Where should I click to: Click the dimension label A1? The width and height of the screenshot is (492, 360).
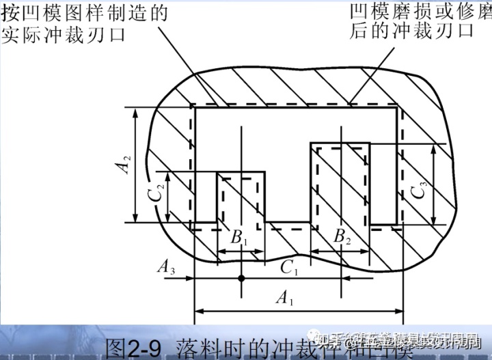(x=282, y=297)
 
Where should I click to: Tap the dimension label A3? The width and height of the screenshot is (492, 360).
(x=167, y=267)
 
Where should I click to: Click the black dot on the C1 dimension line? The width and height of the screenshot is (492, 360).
(x=241, y=277)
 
